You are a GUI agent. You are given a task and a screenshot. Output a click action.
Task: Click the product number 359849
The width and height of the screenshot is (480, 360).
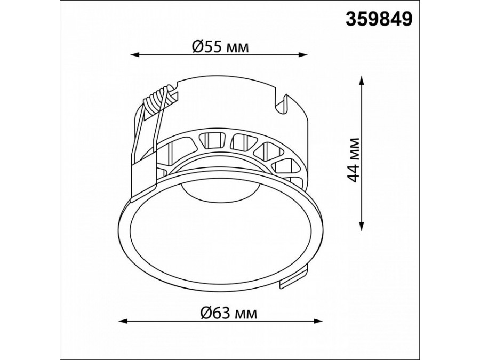[379, 19]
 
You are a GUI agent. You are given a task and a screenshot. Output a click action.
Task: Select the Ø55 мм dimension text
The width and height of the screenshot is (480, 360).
[220, 47]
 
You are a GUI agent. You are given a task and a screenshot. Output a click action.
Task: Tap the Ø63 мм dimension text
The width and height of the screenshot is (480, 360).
[229, 313]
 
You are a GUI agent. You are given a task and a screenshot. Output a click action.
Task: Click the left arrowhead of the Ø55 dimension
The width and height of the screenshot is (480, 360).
[135, 55]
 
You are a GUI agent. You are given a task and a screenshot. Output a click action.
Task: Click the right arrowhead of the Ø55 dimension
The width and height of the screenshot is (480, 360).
[303, 55]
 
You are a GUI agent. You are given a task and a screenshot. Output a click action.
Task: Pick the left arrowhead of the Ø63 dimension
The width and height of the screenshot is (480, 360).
[123, 322]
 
